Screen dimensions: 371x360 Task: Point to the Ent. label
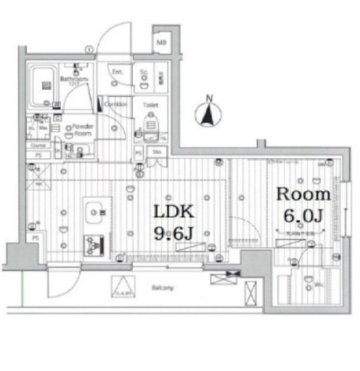[x=117, y=72]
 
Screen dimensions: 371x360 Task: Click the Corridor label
[x=116, y=104]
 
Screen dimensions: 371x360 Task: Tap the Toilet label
[x=151, y=106]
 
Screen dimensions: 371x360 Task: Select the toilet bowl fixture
[x=151, y=124]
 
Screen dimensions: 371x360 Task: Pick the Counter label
[x=38, y=146]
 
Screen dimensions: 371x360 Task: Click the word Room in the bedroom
[x=303, y=194]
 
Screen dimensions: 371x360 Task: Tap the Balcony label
[x=163, y=288]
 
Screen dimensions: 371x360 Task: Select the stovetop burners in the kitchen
[x=93, y=245]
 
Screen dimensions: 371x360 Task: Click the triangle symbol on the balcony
[x=123, y=287]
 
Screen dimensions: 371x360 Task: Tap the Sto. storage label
[x=156, y=151]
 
